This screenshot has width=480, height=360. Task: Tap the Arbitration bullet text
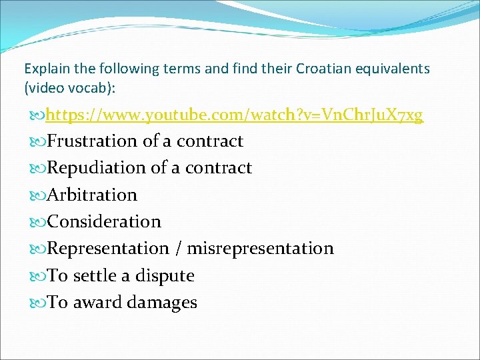(x=92, y=195)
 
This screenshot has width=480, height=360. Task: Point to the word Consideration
(x=104, y=221)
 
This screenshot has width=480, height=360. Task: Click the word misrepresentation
(x=260, y=249)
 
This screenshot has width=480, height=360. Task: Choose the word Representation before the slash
(x=108, y=249)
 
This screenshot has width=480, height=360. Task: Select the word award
(x=96, y=303)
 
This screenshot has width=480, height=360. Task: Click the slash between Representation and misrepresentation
(x=178, y=249)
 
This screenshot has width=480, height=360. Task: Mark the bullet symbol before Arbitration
(x=39, y=195)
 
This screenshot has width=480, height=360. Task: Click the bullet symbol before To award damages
(x=39, y=303)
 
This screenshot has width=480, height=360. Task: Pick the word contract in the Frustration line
(x=210, y=141)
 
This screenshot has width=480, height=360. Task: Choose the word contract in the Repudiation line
(x=219, y=168)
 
